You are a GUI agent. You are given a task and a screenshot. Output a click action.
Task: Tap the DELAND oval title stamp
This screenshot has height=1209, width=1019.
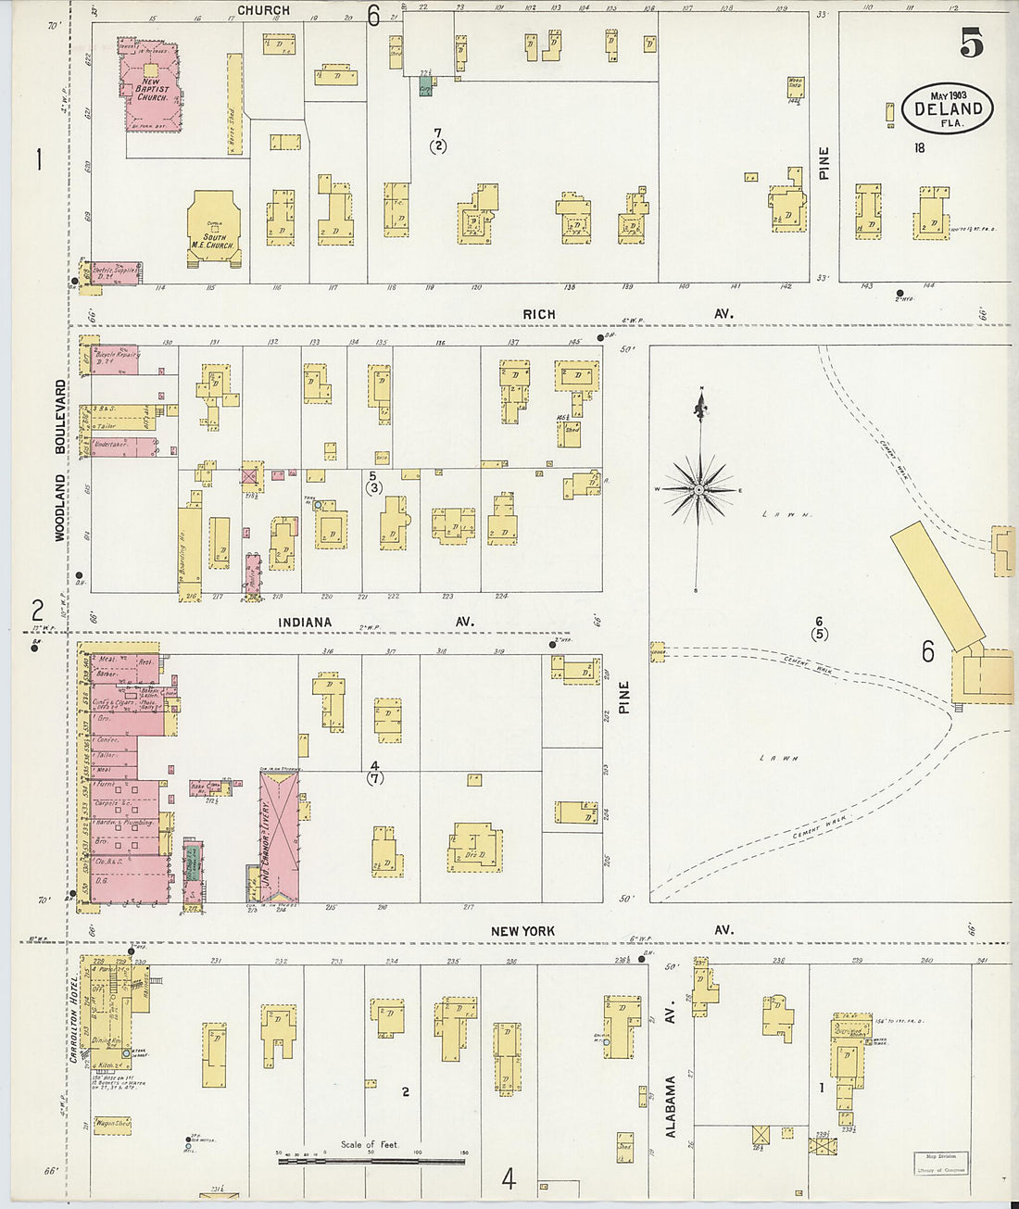[x=947, y=109]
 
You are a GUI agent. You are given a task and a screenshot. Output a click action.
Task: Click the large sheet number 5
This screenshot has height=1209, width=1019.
[x=971, y=43]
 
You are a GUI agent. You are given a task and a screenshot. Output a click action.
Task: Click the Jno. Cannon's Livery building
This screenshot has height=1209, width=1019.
[x=279, y=837]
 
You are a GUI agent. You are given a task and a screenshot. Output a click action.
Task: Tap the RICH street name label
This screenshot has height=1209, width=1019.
[x=538, y=315]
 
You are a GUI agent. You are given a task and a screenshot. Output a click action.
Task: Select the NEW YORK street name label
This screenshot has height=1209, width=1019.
[x=523, y=930]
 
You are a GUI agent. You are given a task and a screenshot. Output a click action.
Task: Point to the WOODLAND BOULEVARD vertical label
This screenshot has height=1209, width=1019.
[x=61, y=459]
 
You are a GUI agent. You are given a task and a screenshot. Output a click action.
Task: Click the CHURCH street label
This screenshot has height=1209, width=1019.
[x=263, y=10]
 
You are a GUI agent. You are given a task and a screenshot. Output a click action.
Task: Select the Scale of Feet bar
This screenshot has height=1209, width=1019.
[x=370, y=1156]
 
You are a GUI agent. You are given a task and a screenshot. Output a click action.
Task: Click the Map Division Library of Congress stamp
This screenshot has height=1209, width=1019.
[x=941, y=1163]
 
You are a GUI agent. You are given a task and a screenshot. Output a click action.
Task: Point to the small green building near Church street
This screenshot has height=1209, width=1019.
[x=425, y=85]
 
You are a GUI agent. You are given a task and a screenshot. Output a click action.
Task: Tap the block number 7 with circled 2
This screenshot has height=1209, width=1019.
[x=437, y=139]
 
